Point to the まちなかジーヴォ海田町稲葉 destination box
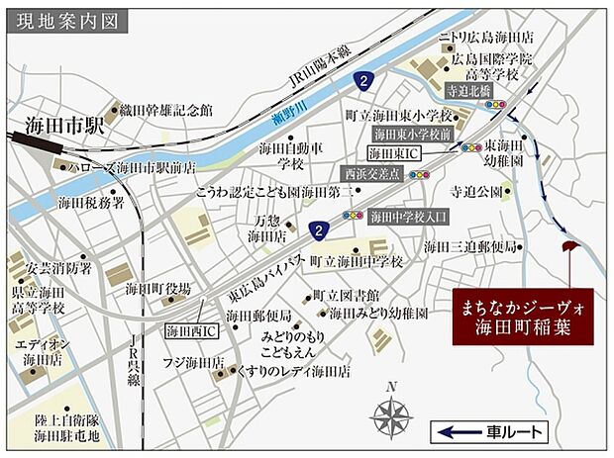pyautogui.click(x=522, y=317)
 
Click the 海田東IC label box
pyautogui.click(x=394, y=153)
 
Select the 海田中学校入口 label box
pyautogui.click(x=408, y=215)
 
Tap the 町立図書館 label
pyautogui.click(x=345, y=295)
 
